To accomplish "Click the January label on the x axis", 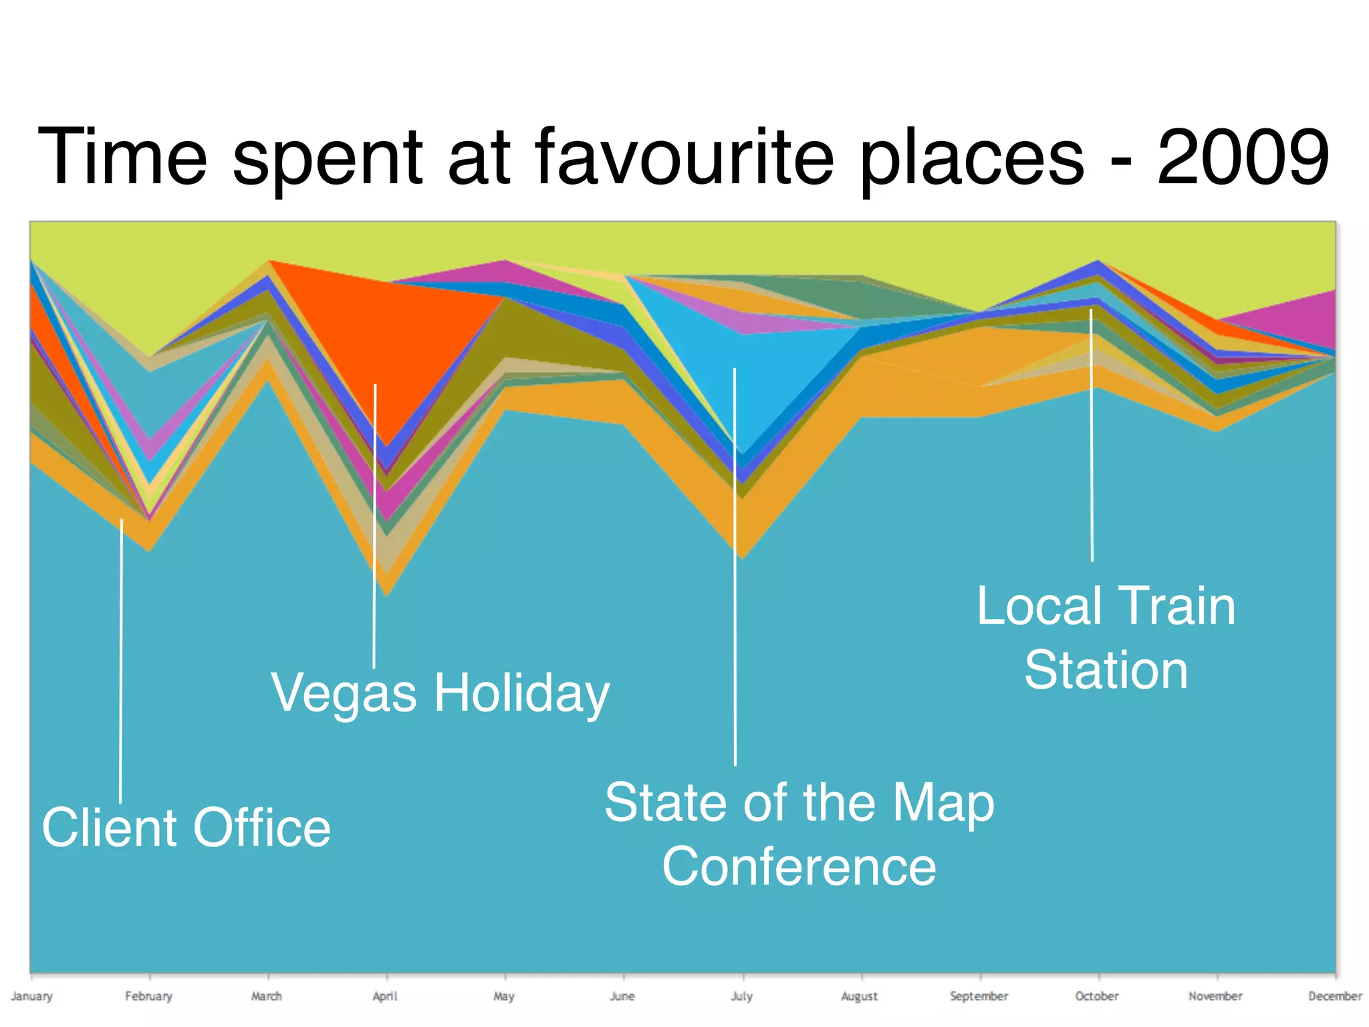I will tap(31, 996).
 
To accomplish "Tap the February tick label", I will tap(148, 996).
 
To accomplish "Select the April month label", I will tap(385, 996).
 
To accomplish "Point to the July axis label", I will tap(741, 996).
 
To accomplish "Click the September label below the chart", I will tap(979, 996).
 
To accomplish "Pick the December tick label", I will tap(1334, 996).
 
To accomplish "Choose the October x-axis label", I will tap(1096, 996).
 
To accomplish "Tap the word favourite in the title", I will tap(684, 158).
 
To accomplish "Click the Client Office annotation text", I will tap(186, 828).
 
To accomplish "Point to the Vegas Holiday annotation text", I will tap(440, 693).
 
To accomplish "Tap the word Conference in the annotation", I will tap(799, 867).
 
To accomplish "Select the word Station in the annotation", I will tap(1106, 670).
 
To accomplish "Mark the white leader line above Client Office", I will tap(121, 662).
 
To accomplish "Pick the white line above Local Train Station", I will tap(1092, 435).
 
